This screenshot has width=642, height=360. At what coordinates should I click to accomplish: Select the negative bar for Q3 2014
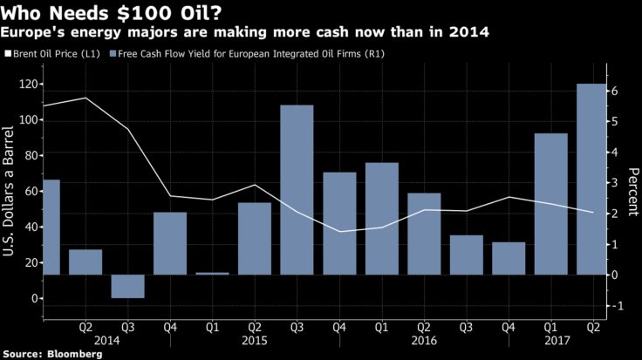click(128, 286)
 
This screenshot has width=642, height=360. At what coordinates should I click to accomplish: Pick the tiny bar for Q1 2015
click(212, 273)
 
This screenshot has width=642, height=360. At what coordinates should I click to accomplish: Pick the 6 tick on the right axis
click(614, 92)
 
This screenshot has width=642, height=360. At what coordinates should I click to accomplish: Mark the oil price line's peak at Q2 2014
click(85, 98)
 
